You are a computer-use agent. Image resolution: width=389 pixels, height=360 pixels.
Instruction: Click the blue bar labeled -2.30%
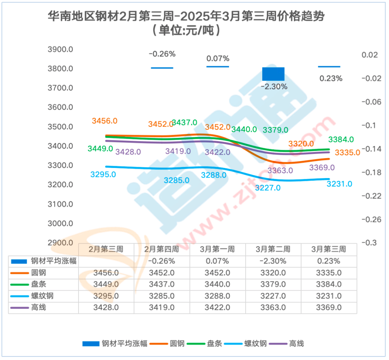[273, 74]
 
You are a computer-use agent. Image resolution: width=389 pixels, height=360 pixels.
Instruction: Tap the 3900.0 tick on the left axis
[61, 49]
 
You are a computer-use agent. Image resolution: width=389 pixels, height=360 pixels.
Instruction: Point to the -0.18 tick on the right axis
[371, 172]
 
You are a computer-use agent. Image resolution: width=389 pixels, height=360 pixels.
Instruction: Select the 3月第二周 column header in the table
[273, 249]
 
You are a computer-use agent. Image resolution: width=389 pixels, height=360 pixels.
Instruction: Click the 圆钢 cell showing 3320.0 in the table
[273, 273]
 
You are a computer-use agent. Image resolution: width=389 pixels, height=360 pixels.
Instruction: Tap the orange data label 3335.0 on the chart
[347, 152]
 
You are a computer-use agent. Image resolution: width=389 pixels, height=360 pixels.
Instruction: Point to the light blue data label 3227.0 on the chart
[268, 187]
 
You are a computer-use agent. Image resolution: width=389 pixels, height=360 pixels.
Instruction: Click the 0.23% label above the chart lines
[331, 78]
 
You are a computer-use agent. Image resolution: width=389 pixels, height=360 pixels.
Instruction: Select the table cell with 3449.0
[106, 284]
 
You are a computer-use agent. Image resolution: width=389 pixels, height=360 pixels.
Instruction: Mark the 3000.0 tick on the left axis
[61, 223]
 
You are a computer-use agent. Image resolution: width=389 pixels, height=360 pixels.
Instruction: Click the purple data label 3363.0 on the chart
[280, 170]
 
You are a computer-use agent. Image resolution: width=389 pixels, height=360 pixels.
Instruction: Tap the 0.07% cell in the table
[218, 261]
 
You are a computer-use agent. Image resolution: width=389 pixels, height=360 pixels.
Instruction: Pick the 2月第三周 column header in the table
[106, 249]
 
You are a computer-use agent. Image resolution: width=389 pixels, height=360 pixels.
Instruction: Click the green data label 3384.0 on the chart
[341, 139]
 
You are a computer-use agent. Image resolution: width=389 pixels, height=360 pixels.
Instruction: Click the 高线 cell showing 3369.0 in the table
[329, 308]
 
